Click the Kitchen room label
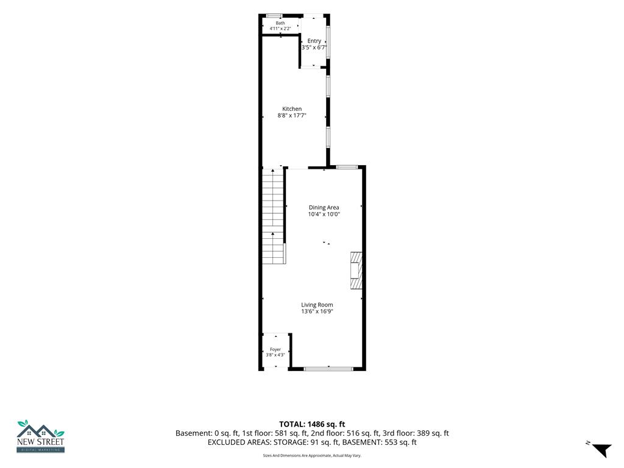[292, 108]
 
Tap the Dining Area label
[324, 207]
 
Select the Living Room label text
[317, 305]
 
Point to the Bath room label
[280, 23]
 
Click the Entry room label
[314, 41]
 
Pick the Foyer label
[275, 349]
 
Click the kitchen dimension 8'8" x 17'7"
[292, 115]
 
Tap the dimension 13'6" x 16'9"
[317, 311]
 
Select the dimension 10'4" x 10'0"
[324, 214]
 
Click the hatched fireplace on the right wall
[356, 271]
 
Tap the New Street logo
[40, 436]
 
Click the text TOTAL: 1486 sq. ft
[312, 424]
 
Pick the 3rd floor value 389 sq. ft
[433, 433]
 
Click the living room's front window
[328, 369]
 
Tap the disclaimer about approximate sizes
[312, 455]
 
